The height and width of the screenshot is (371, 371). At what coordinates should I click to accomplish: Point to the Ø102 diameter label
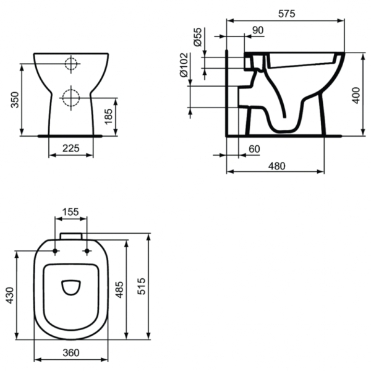[184, 65]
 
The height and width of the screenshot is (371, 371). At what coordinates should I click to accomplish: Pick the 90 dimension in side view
[258, 30]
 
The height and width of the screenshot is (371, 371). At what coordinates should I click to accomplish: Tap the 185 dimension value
[109, 116]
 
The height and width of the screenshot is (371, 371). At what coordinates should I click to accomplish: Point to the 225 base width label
[71, 148]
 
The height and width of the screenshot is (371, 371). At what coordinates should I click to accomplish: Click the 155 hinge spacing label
[71, 211]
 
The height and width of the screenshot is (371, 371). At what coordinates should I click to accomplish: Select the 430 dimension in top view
[9, 296]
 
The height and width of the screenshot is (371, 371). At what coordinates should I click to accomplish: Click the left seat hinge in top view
[56, 251]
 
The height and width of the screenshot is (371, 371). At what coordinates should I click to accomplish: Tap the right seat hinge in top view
[86, 251]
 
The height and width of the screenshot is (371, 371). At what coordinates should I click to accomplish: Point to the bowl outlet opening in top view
[71, 286]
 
